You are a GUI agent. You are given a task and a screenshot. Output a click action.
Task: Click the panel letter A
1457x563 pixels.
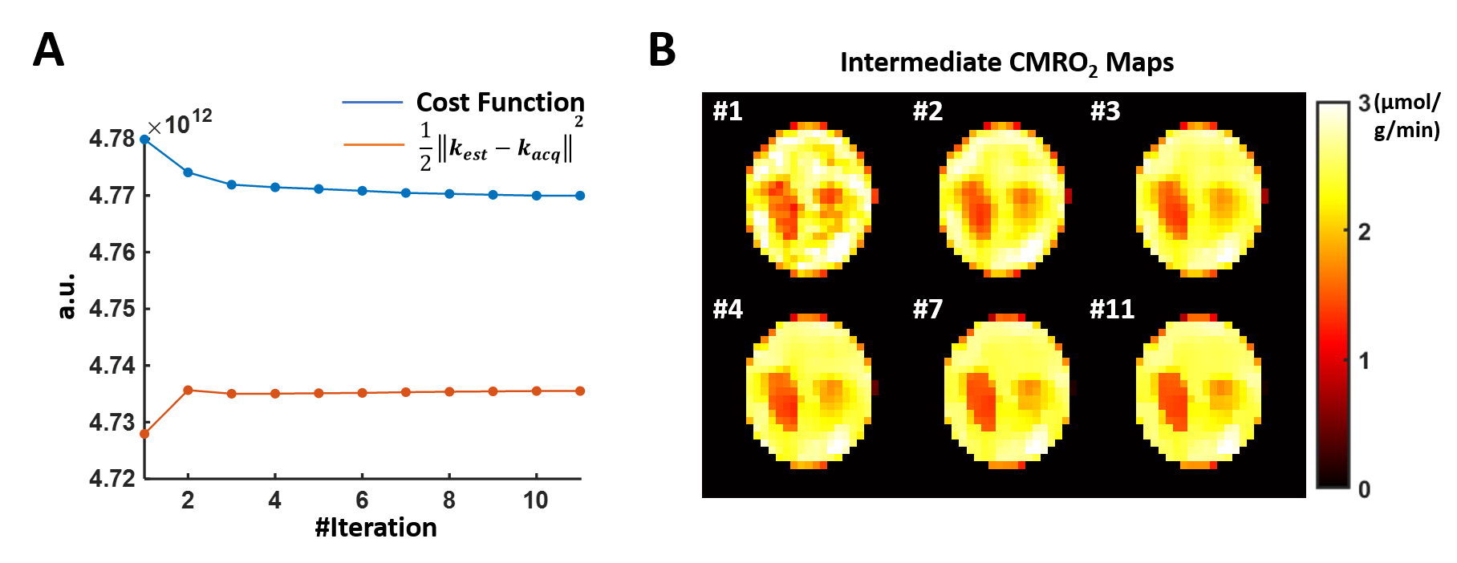(x=48, y=51)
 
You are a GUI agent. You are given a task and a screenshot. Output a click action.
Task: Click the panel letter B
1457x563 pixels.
(x=662, y=51)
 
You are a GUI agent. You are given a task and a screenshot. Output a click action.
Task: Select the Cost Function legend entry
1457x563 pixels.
(x=499, y=103)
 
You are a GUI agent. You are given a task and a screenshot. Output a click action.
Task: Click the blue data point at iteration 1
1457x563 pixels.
(x=144, y=139)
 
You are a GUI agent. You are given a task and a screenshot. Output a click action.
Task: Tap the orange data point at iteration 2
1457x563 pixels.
(x=188, y=391)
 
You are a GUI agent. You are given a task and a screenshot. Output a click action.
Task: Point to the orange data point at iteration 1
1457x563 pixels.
(x=144, y=434)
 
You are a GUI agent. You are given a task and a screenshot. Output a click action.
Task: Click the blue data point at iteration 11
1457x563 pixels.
(x=580, y=196)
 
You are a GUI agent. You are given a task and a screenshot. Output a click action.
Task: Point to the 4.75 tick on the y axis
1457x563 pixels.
(x=112, y=309)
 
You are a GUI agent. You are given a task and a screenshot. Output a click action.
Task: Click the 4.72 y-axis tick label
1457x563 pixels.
(x=112, y=479)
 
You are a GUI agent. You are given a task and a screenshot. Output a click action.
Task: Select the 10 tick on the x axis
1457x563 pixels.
(x=536, y=500)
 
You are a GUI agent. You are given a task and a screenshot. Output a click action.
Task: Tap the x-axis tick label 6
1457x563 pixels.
(x=362, y=500)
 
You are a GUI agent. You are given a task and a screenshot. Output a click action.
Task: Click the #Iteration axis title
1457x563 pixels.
(x=375, y=528)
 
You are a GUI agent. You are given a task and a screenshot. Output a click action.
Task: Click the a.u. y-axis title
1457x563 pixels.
(x=67, y=295)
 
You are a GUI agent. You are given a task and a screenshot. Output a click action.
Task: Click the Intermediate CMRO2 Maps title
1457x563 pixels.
(x=1006, y=63)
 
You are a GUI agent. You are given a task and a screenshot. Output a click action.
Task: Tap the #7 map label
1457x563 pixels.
(x=927, y=309)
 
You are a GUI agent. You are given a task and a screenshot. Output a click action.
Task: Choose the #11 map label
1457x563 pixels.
(x=1112, y=309)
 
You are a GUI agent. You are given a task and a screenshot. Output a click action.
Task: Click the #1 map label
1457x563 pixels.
(x=728, y=111)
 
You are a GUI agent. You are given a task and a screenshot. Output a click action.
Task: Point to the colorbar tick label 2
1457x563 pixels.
(x=1364, y=233)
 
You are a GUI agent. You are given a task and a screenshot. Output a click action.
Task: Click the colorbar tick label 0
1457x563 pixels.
(x=1364, y=489)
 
